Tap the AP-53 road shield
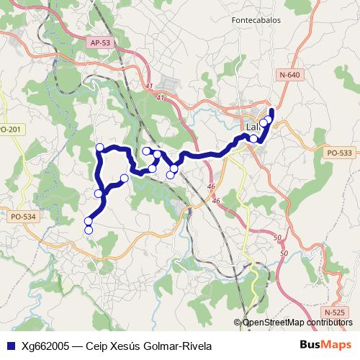click(100, 43)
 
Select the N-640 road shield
click(288, 75)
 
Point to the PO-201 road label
click(9, 130)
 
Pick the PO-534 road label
click(23, 216)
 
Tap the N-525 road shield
click(334, 312)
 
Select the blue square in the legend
click(10, 345)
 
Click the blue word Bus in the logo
click(310, 344)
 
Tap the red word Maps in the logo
click(337, 344)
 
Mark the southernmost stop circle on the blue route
click(89, 230)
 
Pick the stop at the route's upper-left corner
click(100, 148)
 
